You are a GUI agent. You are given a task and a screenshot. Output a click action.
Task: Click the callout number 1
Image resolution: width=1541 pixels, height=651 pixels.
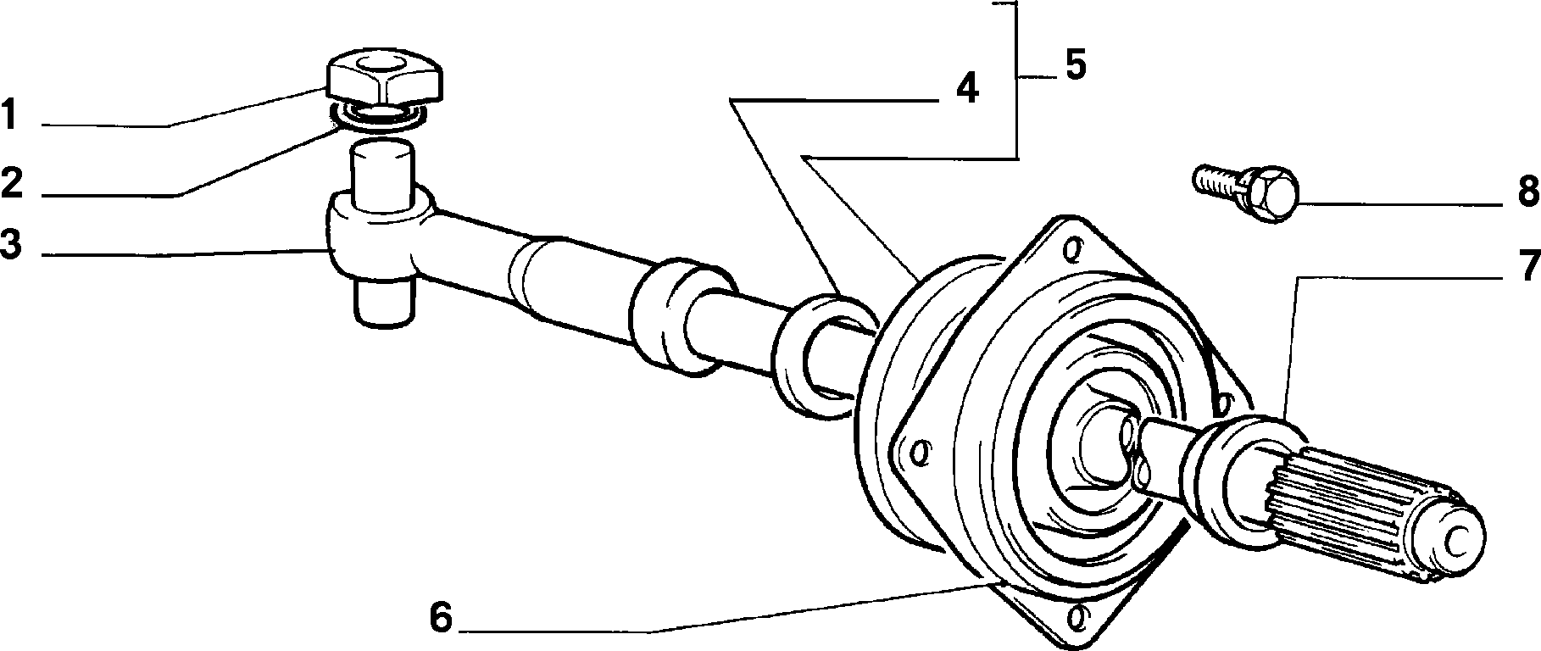10,115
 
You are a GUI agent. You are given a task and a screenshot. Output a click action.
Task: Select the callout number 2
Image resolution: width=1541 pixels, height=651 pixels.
11,183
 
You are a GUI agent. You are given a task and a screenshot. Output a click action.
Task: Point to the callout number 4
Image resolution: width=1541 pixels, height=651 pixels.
966,88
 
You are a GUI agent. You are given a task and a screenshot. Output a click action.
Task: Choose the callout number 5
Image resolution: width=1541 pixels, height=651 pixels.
1075,64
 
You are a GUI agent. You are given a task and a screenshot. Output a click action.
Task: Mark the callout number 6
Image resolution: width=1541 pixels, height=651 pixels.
442,618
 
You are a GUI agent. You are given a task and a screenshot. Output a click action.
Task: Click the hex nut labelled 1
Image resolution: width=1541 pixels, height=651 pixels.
387,78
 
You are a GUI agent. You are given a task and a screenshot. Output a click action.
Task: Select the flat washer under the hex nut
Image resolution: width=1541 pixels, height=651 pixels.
378,118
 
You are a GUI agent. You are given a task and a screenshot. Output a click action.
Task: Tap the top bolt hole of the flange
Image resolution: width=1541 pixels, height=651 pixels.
1072,249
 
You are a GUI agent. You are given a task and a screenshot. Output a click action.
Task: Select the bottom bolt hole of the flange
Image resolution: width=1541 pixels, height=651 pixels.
1077,616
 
